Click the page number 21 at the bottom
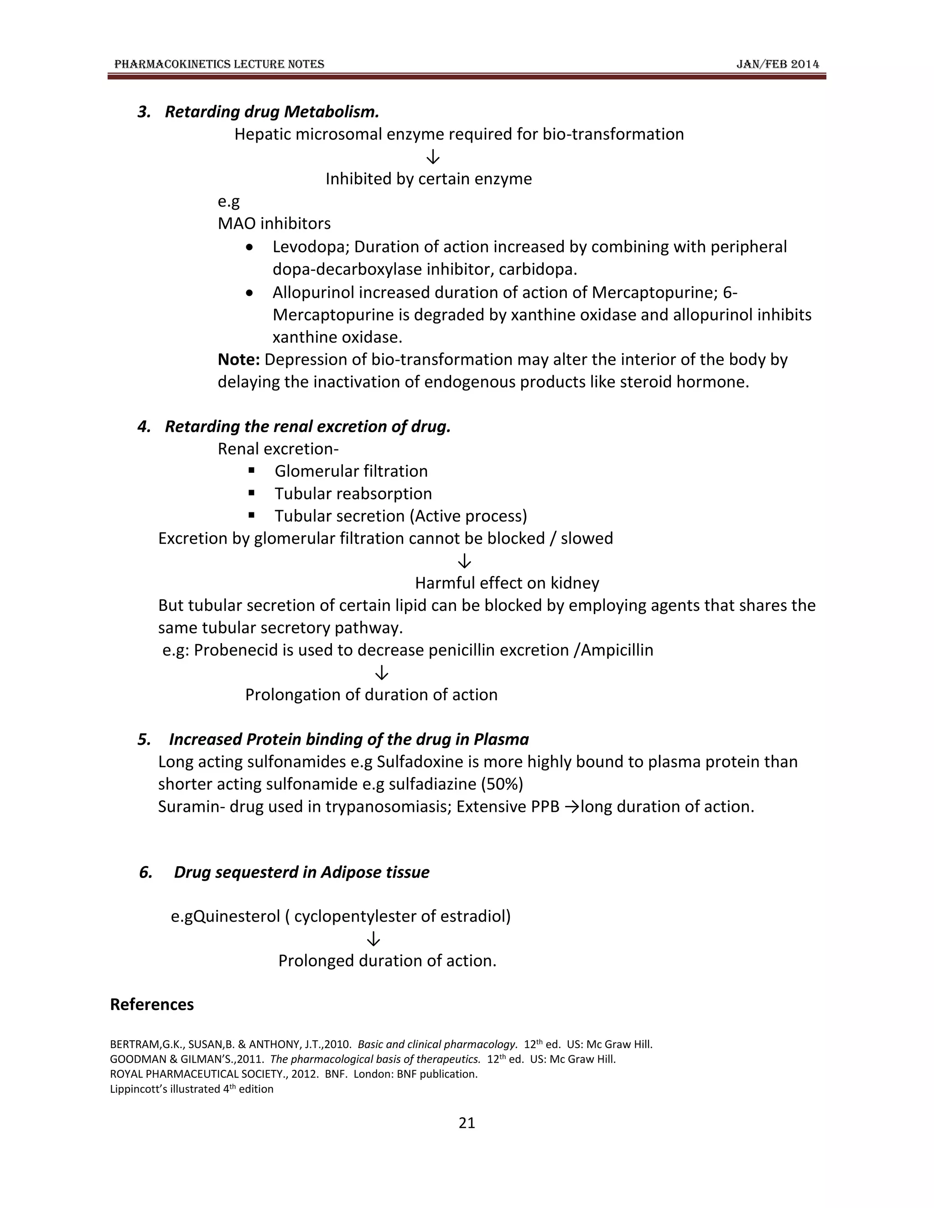click(467, 1122)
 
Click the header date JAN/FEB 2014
click(778, 64)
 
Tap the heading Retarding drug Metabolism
click(272, 112)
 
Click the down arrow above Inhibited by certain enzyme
click(433, 157)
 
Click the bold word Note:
click(239, 360)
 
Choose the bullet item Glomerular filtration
click(351, 471)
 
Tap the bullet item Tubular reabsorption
click(353, 493)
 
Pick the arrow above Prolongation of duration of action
click(381, 672)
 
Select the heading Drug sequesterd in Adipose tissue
click(301, 872)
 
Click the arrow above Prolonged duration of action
click(374, 939)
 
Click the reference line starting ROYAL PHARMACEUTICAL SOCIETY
click(293, 1074)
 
